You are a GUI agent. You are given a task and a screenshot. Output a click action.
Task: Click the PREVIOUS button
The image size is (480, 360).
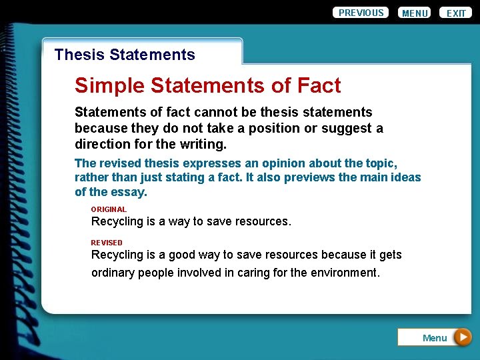pos(361,13)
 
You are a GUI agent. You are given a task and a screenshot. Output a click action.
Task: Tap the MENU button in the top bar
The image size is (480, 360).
pos(415,13)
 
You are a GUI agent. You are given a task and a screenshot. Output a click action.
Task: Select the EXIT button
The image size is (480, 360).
pos(456,13)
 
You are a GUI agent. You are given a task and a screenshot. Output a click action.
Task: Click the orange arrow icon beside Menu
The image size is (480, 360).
pos(463,337)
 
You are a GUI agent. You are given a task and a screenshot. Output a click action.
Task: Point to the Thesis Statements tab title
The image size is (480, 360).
pos(125,55)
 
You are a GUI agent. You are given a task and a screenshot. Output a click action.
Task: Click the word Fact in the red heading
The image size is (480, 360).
pos(319,85)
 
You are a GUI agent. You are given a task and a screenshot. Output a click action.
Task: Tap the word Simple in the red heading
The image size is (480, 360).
pos(109,85)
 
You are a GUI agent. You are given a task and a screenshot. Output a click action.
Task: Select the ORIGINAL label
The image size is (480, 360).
pos(109,209)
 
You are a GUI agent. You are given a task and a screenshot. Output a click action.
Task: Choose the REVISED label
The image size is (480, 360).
pos(107,243)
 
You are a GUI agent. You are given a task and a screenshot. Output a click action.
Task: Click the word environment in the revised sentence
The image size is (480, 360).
pos(345,272)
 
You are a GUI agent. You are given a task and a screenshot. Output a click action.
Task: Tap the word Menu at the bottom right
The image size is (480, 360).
pos(435,338)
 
